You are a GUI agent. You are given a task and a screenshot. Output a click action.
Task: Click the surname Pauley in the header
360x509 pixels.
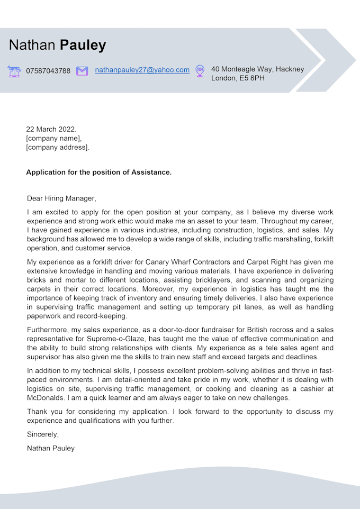[x=83, y=45]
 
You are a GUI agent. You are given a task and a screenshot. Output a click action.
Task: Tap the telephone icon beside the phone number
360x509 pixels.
[x=14, y=71]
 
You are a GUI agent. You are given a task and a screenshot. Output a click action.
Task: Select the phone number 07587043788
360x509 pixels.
[x=48, y=71]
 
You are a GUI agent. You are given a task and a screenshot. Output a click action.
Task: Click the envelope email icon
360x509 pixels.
[x=82, y=71]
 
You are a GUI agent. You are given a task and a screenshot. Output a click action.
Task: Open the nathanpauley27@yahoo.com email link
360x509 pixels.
[x=142, y=70]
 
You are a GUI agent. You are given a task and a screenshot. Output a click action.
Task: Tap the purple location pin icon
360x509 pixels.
[x=200, y=71]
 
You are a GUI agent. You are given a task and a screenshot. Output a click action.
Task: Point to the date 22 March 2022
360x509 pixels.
[x=51, y=129]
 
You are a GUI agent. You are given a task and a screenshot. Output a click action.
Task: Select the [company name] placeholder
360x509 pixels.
[x=54, y=138]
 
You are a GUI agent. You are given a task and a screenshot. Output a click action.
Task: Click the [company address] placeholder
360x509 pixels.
[x=58, y=147]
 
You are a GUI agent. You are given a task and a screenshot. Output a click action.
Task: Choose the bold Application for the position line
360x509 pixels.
[x=98, y=172]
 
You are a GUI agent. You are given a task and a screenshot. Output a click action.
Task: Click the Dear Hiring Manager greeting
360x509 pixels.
[x=61, y=198]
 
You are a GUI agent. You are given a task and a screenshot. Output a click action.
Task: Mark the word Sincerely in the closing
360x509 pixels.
[x=43, y=434]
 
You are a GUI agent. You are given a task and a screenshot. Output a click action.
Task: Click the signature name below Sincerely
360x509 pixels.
[x=51, y=448]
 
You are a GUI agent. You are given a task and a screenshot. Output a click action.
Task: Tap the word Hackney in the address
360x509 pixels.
[x=290, y=69]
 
